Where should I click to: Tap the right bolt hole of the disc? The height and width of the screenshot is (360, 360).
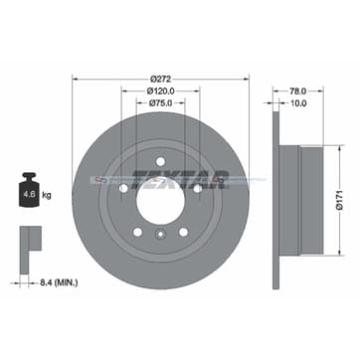(x=197, y=188)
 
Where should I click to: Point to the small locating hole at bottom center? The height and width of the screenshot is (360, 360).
(x=160, y=235)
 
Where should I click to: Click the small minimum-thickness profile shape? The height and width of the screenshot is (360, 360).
(x=29, y=243)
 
